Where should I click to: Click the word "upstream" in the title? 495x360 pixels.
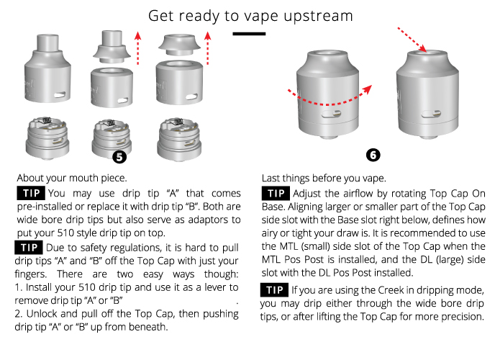(x=318, y=17)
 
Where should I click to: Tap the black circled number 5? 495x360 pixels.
(x=119, y=157)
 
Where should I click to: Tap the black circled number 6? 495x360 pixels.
(x=373, y=155)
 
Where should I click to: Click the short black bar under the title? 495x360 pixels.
(x=249, y=33)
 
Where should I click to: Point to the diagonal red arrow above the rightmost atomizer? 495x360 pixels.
(x=412, y=40)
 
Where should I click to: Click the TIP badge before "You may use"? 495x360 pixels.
(x=31, y=193)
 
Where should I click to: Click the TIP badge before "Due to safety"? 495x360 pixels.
(x=29, y=247)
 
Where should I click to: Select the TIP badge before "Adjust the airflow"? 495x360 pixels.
(x=276, y=193)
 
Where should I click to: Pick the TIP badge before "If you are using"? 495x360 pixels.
(x=274, y=290)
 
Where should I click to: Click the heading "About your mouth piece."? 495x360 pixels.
(x=72, y=178)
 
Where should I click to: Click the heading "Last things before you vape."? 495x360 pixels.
(x=324, y=179)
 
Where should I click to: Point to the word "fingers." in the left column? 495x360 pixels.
(x=31, y=274)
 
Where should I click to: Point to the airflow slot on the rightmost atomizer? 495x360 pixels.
(x=431, y=114)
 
